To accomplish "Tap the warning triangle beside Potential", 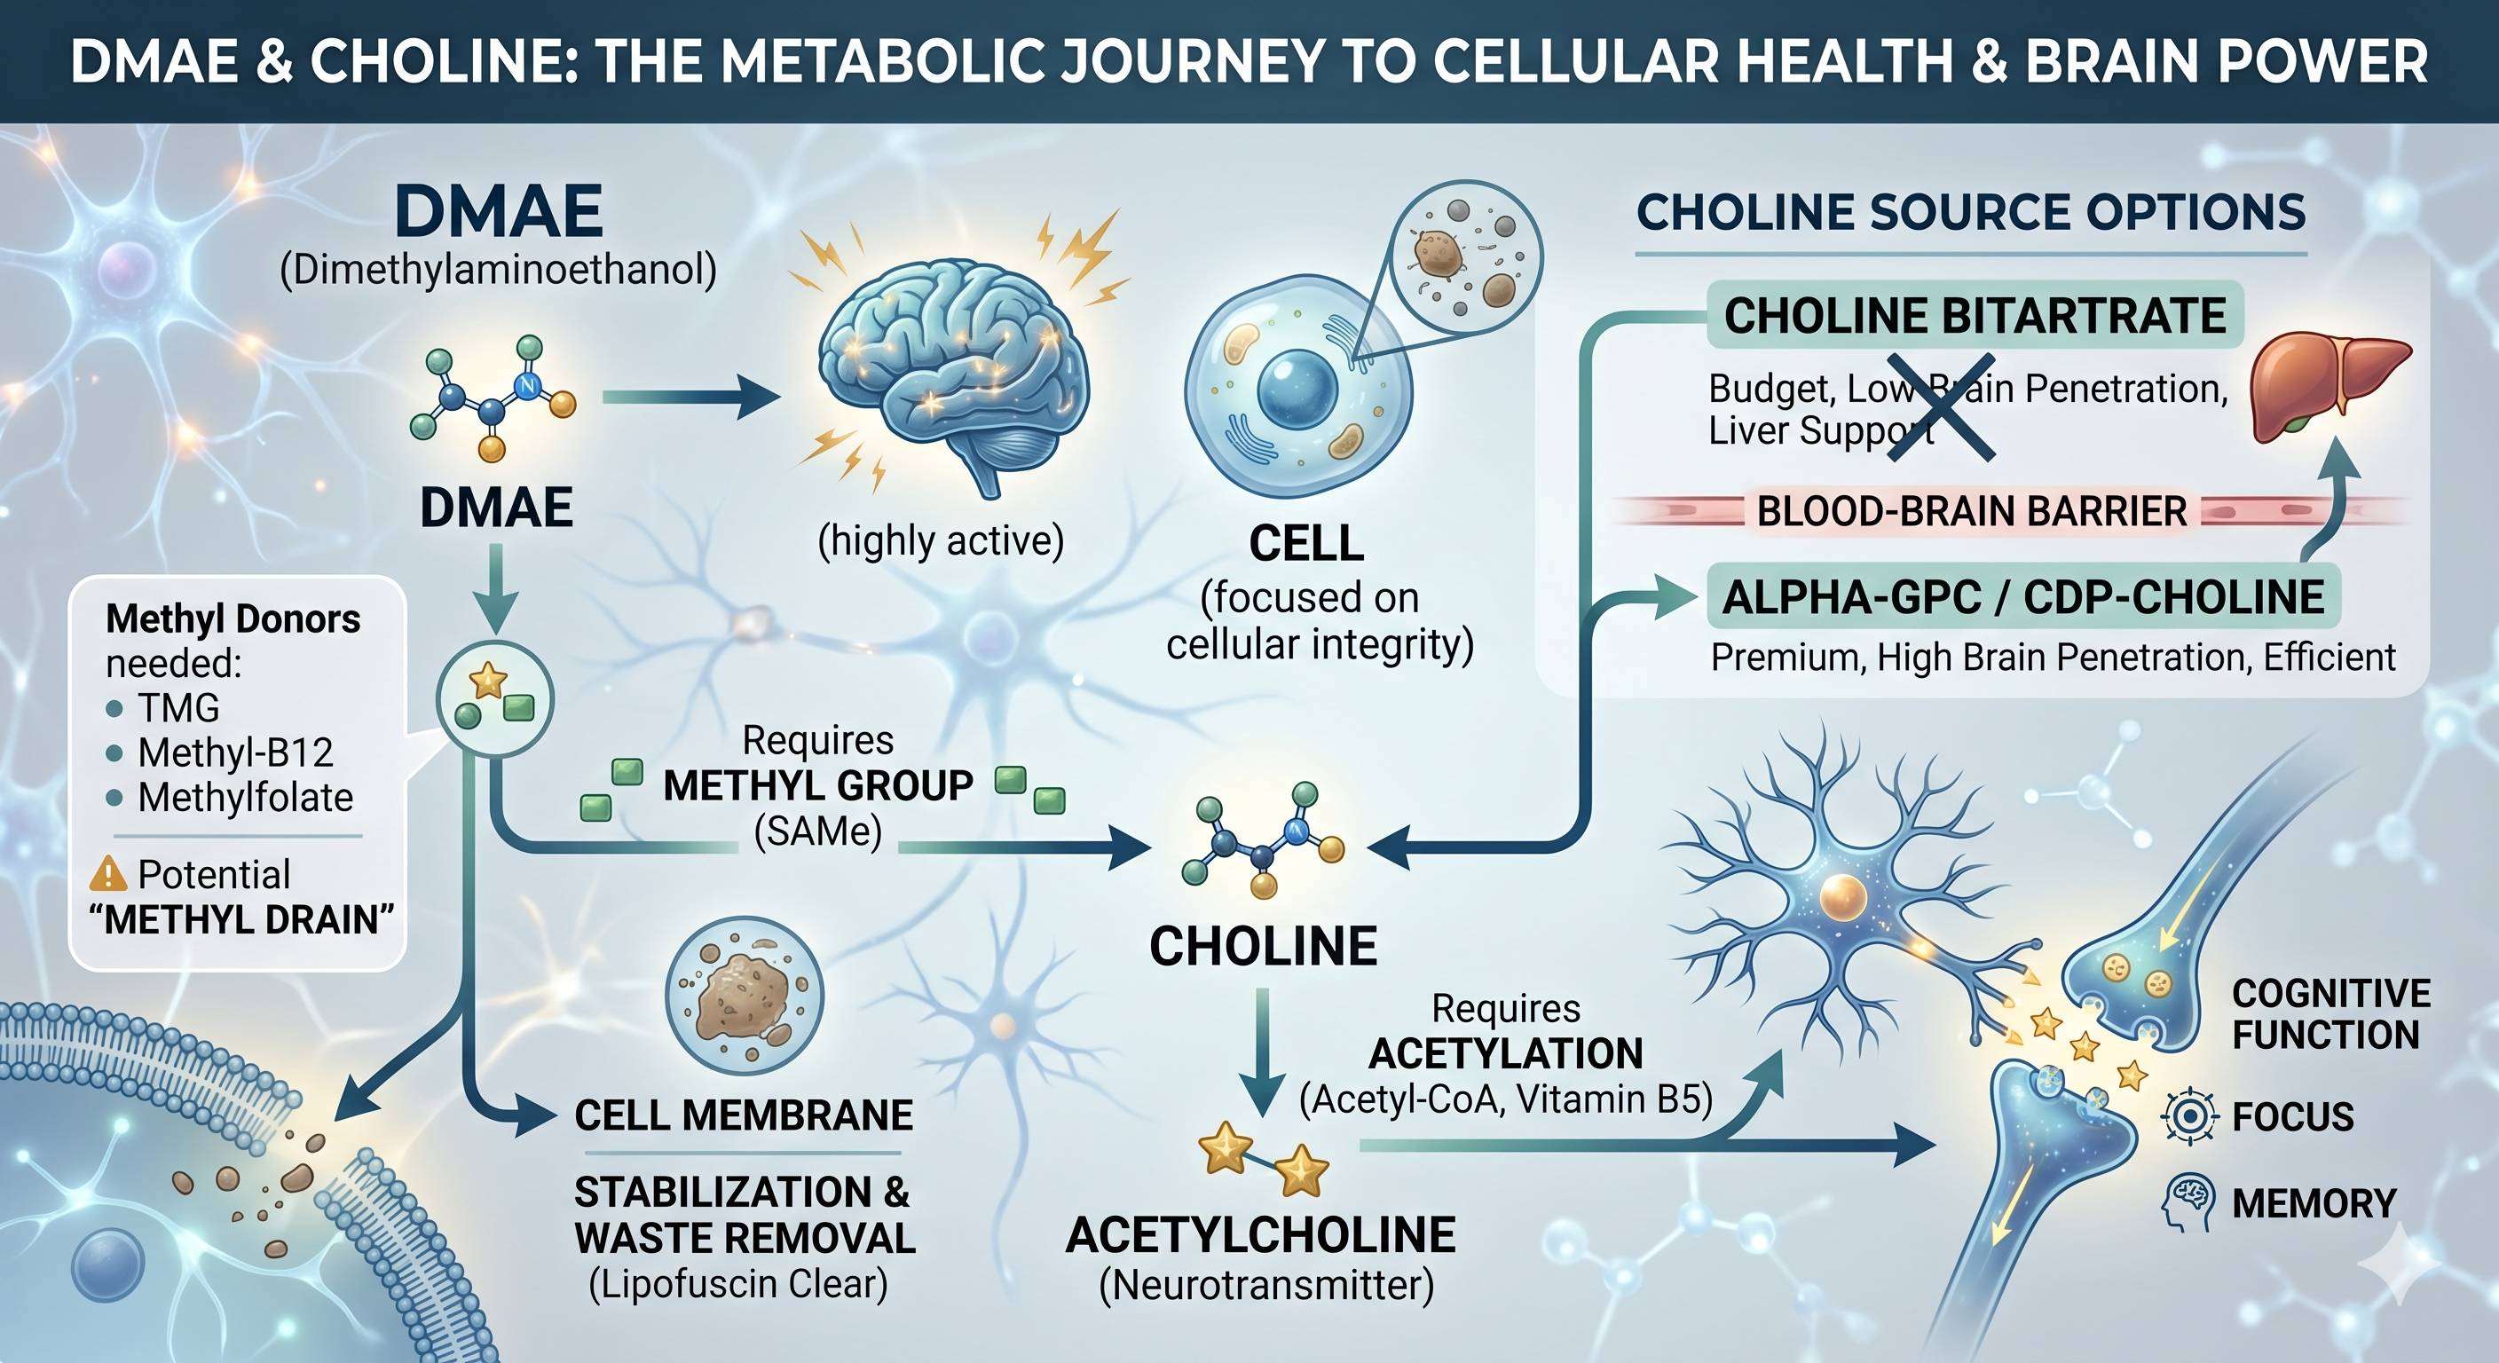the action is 107,874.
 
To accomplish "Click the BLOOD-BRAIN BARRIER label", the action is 1972,511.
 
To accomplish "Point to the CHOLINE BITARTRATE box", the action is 1975,315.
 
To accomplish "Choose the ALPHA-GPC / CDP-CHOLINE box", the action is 2023,596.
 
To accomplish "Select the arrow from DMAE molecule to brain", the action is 690,396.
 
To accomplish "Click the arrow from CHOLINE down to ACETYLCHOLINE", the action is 1263,1053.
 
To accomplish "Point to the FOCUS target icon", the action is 2189,1116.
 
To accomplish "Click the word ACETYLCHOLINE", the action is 1261,1235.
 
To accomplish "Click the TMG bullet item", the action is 163,708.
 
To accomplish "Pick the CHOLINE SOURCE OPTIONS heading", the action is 1970,212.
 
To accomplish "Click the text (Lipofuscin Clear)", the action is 738,1284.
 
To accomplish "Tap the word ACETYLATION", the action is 1506,1053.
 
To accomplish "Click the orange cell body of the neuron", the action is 1842,896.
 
